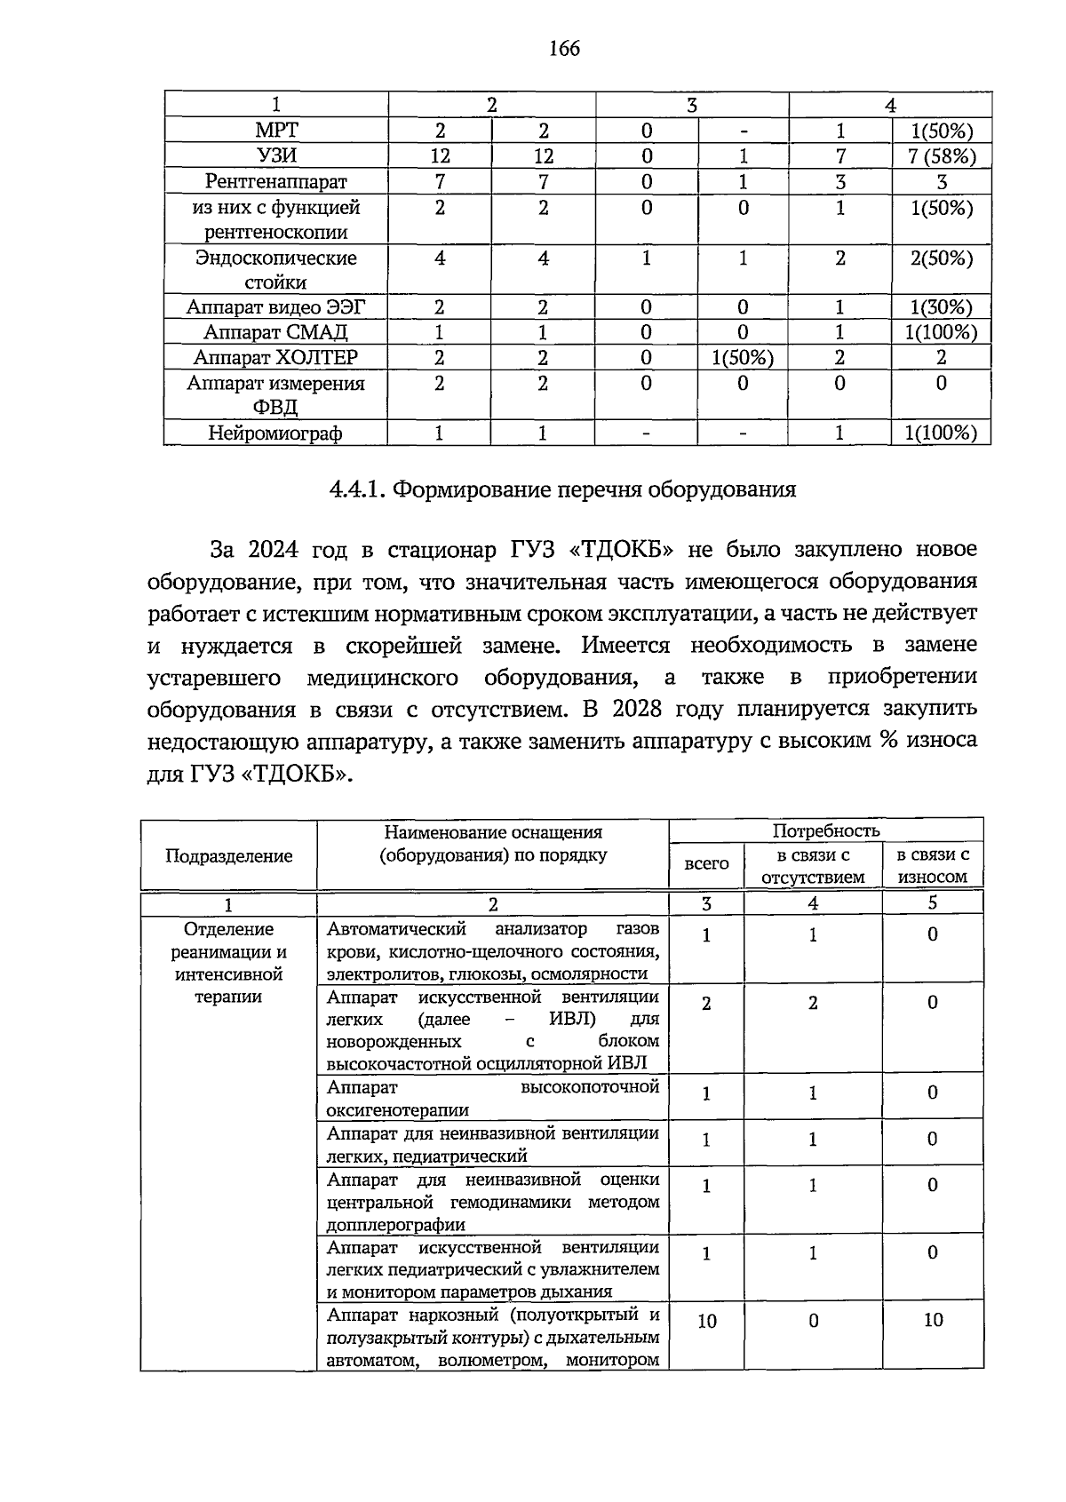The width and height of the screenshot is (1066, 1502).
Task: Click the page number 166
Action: coord(564,48)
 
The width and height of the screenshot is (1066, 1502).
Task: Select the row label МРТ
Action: coord(276,131)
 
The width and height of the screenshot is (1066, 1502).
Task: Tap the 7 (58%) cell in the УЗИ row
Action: coord(942,156)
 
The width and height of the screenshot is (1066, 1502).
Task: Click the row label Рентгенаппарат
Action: coord(276,181)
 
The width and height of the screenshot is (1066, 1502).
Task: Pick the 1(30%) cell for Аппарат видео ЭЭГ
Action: coord(942,307)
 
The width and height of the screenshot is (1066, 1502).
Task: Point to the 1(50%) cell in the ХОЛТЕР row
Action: coord(743,358)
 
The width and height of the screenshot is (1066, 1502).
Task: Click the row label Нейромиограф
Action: coord(275,433)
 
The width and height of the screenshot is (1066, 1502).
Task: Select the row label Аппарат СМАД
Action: coord(275,332)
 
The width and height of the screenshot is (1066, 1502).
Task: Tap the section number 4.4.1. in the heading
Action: coord(357,489)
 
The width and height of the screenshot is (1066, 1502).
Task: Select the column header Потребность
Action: coord(825,830)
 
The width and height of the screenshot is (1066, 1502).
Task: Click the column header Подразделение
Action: coord(228,855)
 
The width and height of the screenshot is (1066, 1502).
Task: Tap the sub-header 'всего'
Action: coord(706,863)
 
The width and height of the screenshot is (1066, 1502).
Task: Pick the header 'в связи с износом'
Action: coord(932,865)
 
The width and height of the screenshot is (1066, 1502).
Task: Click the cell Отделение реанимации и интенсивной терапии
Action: coord(228,963)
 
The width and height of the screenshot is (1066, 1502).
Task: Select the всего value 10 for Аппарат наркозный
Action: coord(706,1322)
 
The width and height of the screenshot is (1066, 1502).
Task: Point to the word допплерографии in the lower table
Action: coord(396,1225)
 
